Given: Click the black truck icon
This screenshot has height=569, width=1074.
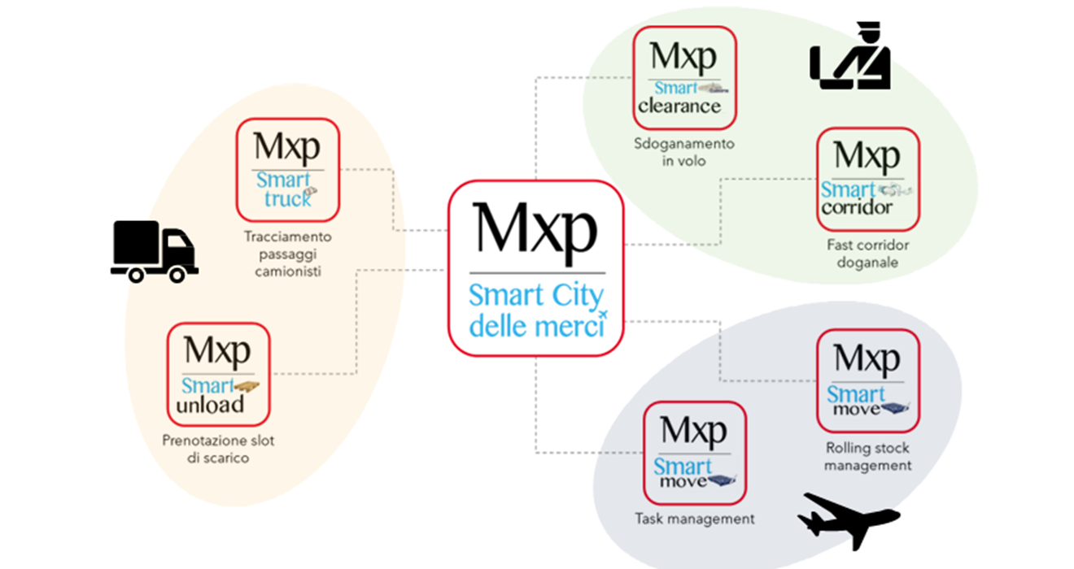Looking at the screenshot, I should click(154, 251).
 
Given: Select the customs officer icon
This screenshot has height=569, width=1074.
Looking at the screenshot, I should click(850, 59).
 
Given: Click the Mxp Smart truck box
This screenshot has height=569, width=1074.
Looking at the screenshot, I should click(288, 170).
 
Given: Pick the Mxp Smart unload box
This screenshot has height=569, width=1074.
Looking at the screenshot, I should click(218, 374).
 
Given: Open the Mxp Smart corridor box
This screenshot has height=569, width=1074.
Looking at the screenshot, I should click(867, 179).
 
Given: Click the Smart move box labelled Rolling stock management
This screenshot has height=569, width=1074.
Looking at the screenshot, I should click(867, 380).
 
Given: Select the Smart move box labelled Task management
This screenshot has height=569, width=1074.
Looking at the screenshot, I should click(695, 453).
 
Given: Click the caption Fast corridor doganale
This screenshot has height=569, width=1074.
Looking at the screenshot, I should click(867, 253).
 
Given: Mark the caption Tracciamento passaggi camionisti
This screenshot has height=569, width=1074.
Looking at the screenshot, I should click(288, 254).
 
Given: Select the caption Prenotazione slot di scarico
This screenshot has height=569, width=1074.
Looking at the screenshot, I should click(218, 450).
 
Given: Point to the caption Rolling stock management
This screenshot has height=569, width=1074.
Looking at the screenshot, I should click(867, 457).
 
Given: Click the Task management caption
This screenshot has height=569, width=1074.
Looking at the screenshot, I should click(695, 518).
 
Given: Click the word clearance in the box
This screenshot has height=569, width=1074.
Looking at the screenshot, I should click(679, 106).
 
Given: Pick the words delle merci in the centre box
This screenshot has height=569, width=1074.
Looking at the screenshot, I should click(537, 327).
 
